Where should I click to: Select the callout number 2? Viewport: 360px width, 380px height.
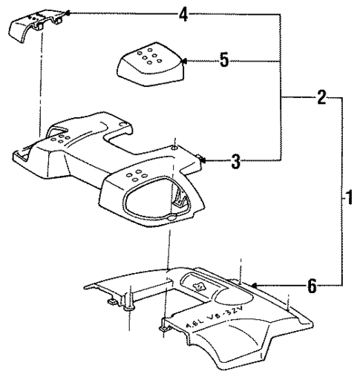click(321, 96)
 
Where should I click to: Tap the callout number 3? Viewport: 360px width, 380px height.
click(235, 160)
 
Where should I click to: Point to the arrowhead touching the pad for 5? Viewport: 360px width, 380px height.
click(183, 62)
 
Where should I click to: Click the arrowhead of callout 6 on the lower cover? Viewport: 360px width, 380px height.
click(252, 284)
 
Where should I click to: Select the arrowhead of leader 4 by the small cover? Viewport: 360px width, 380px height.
click(67, 13)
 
